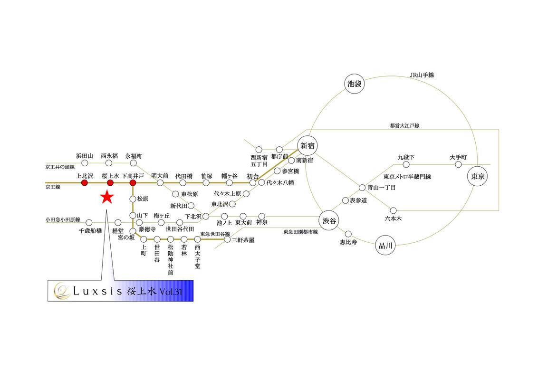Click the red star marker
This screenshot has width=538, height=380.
click(x=107, y=197)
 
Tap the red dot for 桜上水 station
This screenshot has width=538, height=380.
click(x=110, y=183)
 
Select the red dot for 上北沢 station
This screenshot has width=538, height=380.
click(x=85, y=183)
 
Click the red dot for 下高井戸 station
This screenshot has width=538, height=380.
click(x=133, y=183)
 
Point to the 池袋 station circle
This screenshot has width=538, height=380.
click(x=355, y=84)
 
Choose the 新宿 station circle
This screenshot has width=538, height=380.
click(x=307, y=146)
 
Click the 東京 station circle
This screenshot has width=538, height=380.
click(x=478, y=176)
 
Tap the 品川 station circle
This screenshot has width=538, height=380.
click(x=385, y=246)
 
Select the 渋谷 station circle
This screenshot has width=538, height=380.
click(x=329, y=221)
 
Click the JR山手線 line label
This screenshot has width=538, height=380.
click(x=422, y=75)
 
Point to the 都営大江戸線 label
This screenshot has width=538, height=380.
click(x=404, y=126)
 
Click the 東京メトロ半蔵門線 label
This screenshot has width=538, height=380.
click(x=407, y=177)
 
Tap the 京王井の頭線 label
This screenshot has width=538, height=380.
click(x=60, y=167)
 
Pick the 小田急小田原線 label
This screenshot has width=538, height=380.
click(x=63, y=219)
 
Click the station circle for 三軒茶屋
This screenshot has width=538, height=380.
click(x=227, y=239)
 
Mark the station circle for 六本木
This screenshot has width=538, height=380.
click(x=393, y=210)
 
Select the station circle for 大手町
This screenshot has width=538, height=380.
click(x=459, y=165)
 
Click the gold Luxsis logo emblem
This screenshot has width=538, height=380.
click(x=62, y=291)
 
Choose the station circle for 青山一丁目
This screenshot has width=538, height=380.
click(x=362, y=188)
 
